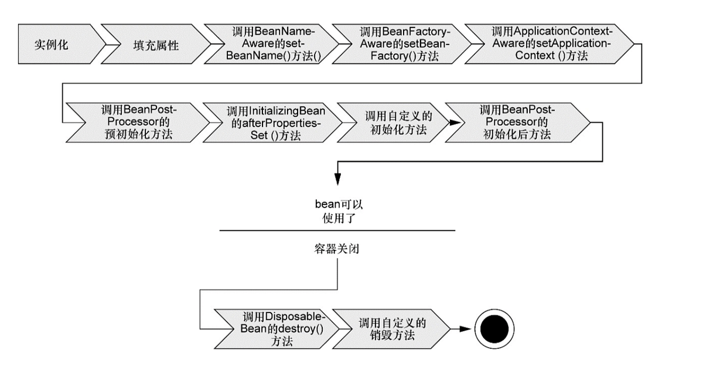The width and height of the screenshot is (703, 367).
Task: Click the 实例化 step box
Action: [x=56, y=45]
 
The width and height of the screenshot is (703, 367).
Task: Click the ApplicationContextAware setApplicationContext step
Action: [x=548, y=45]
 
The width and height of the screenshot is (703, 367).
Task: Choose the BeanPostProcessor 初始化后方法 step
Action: [x=516, y=122]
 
